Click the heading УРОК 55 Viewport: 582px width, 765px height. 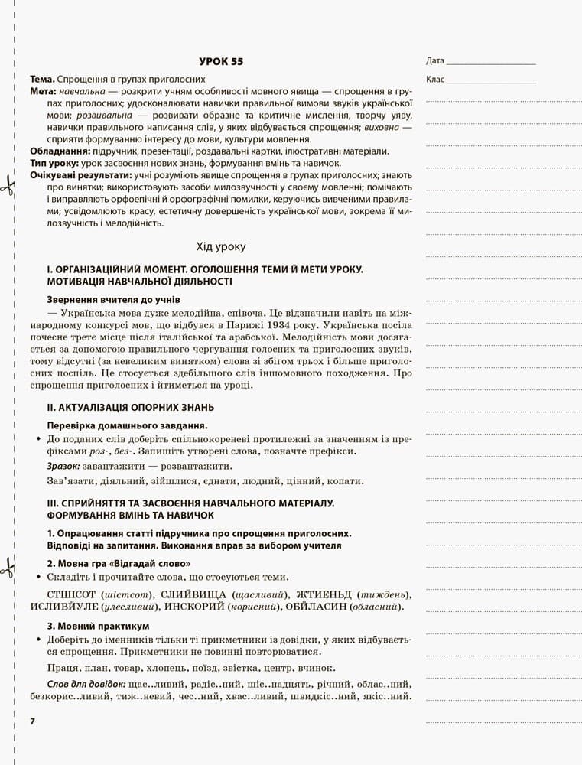coord(220,61)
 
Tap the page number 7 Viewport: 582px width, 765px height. coord(32,721)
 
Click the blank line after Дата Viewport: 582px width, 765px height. coord(490,62)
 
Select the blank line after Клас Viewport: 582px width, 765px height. coord(490,80)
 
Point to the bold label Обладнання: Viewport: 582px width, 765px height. coord(60,151)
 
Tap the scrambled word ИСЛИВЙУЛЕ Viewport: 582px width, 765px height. coord(74,607)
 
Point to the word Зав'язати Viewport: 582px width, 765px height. coord(73,481)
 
